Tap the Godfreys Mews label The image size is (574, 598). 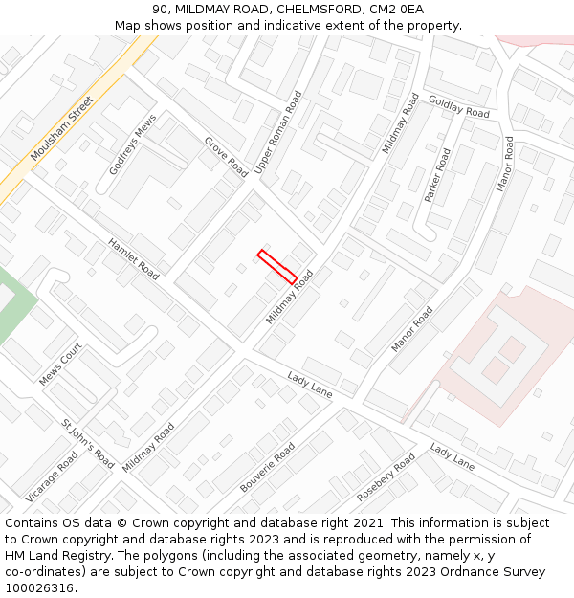coord(132,144)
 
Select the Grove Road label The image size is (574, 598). coord(226,156)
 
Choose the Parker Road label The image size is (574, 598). coord(437,174)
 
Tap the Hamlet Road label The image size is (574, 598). coord(133,258)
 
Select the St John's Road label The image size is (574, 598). coord(87,444)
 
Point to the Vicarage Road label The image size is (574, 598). coord(52,476)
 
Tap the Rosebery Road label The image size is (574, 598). coord(386,477)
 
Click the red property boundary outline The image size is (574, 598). coord(276,267)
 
